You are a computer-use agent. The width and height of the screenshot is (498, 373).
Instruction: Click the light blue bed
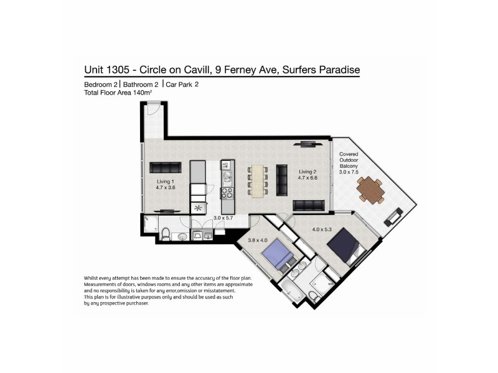pyautogui.click(x=275, y=256)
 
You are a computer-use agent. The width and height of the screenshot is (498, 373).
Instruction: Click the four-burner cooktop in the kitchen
pyautogui.click(x=227, y=203)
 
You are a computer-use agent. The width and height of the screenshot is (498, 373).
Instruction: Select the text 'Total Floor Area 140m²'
pyautogui.click(x=118, y=92)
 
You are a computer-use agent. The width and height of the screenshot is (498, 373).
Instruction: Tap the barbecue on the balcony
pyautogui.click(x=393, y=218)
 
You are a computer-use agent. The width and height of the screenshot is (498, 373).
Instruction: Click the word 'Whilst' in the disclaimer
pyautogui.click(x=92, y=277)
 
